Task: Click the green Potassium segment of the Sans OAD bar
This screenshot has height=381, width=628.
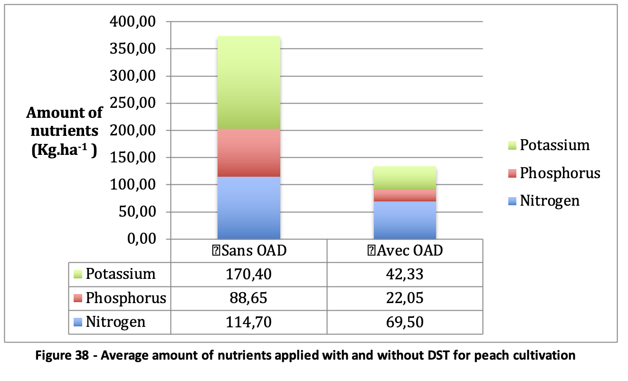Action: point(248,83)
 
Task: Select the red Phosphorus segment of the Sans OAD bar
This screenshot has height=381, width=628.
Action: point(248,153)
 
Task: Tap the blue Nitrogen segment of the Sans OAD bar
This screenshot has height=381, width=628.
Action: point(248,208)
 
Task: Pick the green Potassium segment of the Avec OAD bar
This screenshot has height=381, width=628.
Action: point(405,178)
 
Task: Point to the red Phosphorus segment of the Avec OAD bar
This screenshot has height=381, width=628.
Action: point(405,196)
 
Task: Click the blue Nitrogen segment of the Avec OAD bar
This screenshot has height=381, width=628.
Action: point(405,220)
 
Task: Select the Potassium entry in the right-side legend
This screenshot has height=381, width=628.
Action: point(554,145)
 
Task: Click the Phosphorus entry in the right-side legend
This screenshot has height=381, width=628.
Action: point(559,173)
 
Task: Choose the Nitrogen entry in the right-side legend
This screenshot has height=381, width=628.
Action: point(549,201)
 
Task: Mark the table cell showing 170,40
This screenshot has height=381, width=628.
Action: point(248,274)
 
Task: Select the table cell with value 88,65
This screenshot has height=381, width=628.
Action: point(248,298)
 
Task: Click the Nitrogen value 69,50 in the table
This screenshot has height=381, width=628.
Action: point(405,323)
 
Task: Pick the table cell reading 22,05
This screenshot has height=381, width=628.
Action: point(405,298)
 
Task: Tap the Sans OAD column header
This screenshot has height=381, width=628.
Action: point(248,250)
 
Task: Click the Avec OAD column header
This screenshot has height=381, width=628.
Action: point(405,250)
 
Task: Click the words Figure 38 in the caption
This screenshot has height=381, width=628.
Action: point(62,356)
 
